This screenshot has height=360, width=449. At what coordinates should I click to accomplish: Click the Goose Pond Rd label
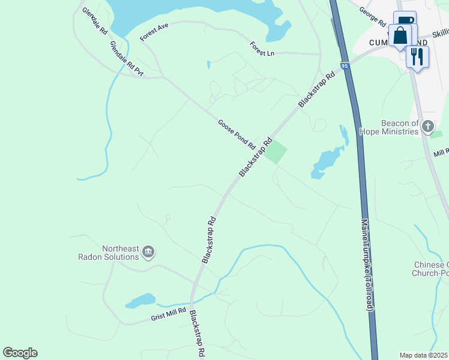tap(237, 134)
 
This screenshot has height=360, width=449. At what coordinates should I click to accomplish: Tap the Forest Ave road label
tap(155, 32)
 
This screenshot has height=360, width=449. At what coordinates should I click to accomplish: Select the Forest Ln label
tap(262, 49)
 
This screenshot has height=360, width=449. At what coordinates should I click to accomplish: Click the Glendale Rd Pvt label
tap(127, 59)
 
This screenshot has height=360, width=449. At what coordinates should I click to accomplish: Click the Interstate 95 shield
tap(344, 66)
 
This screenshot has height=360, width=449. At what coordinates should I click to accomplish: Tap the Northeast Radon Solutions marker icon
tap(149, 252)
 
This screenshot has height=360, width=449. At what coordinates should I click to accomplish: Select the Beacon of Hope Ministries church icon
tap(427, 126)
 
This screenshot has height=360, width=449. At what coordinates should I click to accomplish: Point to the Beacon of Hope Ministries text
tap(388, 127)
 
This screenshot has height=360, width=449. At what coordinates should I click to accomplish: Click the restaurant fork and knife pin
tap(417, 56)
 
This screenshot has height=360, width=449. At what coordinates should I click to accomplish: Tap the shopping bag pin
tap(400, 35)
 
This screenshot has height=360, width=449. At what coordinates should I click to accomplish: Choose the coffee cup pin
tap(405, 22)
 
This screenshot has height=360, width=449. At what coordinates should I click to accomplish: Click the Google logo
tap(20, 353)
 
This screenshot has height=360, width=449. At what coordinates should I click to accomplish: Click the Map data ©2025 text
tap(424, 355)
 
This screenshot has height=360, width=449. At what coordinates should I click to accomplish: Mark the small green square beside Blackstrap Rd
tap(276, 153)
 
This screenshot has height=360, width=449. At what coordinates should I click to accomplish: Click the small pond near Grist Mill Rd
tap(141, 300)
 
